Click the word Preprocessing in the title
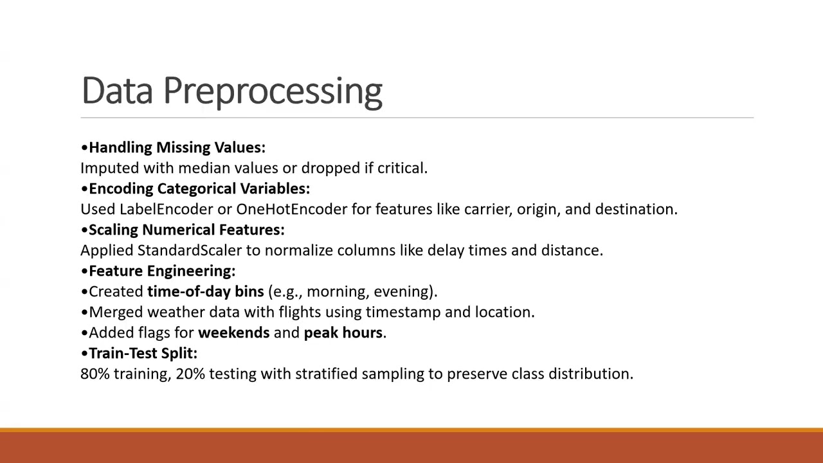273,91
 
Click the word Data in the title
117,91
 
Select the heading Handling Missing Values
177,147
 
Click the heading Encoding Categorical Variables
199,188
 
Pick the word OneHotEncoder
291,209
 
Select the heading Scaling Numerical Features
186,230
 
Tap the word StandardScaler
190,250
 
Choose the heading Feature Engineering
162,271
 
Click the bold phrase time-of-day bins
205,291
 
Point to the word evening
402,291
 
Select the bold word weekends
233,332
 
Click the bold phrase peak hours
343,332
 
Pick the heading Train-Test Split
143,353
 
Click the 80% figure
95,374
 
